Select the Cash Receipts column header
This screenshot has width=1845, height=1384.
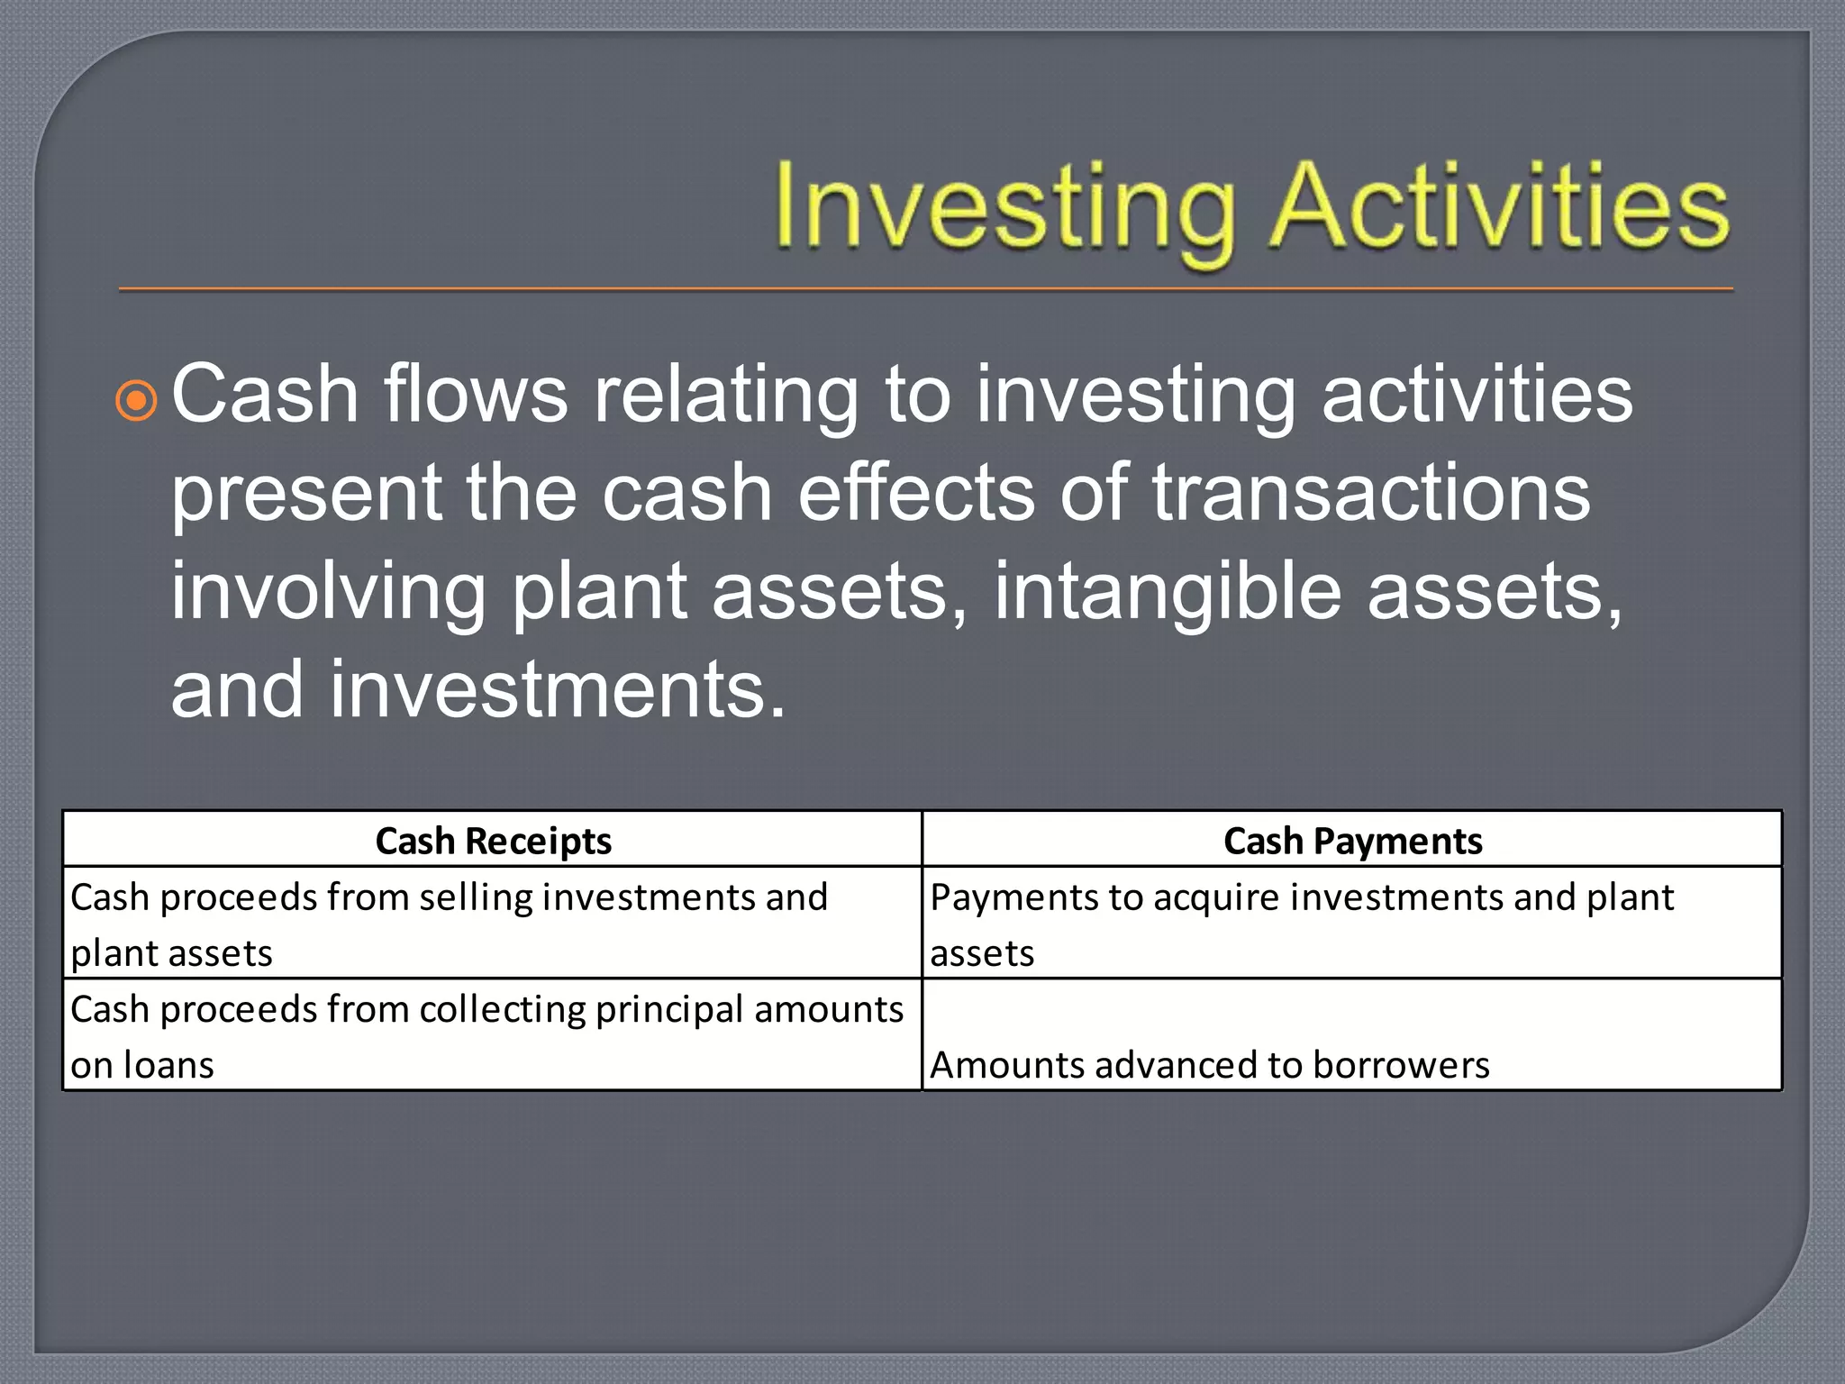493,841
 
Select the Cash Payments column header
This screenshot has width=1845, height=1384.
1352,841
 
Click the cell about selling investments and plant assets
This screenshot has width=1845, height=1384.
493,924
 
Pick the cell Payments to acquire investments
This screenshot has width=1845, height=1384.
1352,924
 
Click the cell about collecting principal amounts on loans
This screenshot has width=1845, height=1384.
493,1036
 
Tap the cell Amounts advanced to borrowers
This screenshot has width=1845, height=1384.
1352,1036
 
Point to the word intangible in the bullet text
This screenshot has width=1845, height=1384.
1168,591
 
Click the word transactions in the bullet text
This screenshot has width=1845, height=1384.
1371,493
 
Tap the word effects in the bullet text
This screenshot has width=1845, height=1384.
916,493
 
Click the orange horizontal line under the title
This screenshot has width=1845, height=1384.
926,289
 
